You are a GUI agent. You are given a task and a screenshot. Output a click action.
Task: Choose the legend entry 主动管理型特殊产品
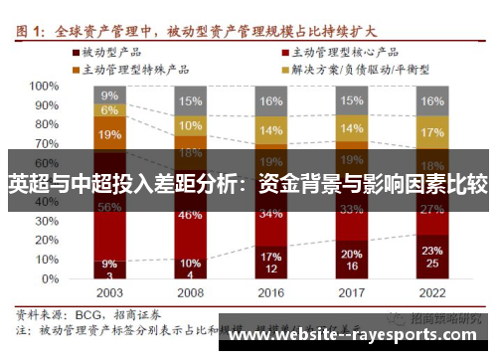point(130,69)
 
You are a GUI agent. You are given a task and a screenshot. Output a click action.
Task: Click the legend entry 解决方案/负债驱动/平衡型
point(359,69)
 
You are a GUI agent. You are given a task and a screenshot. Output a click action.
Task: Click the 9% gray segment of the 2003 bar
point(109,95)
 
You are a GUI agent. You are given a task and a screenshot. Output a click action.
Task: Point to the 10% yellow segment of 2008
point(190,126)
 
